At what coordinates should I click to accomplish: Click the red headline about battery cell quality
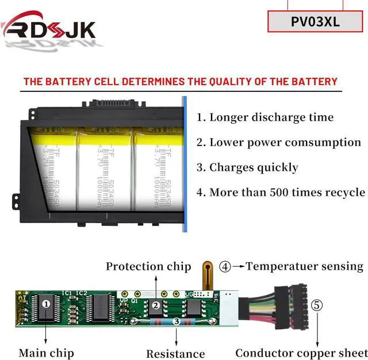(x=180, y=82)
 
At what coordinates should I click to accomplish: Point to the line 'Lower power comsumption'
(x=279, y=142)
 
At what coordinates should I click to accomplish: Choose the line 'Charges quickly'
(x=247, y=167)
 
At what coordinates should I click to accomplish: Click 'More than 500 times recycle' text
(x=281, y=192)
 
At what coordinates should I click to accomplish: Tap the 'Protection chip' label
(x=148, y=266)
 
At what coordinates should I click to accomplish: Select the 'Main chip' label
(x=46, y=353)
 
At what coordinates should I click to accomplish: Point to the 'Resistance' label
(x=175, y=354)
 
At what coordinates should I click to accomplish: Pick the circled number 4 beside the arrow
(x=225, y=267)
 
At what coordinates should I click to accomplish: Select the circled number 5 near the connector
(x=317, y=305)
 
